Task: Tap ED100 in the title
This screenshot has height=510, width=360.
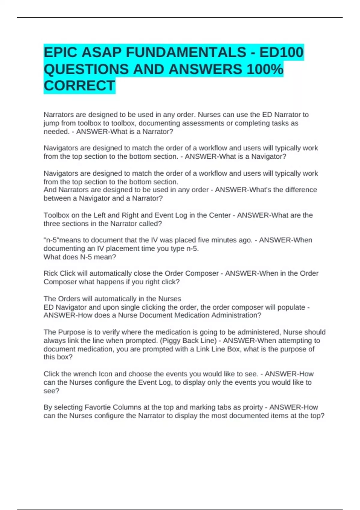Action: (x=281, y=52)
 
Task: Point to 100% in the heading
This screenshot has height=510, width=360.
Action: (x=265, y=69)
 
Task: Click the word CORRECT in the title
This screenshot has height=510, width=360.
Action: (x=79, y=86)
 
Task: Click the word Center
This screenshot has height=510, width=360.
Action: (x=220, y=215)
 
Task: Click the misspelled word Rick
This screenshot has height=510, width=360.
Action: (x=51, y=273)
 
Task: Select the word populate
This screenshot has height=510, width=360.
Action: (x=291, y=307)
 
